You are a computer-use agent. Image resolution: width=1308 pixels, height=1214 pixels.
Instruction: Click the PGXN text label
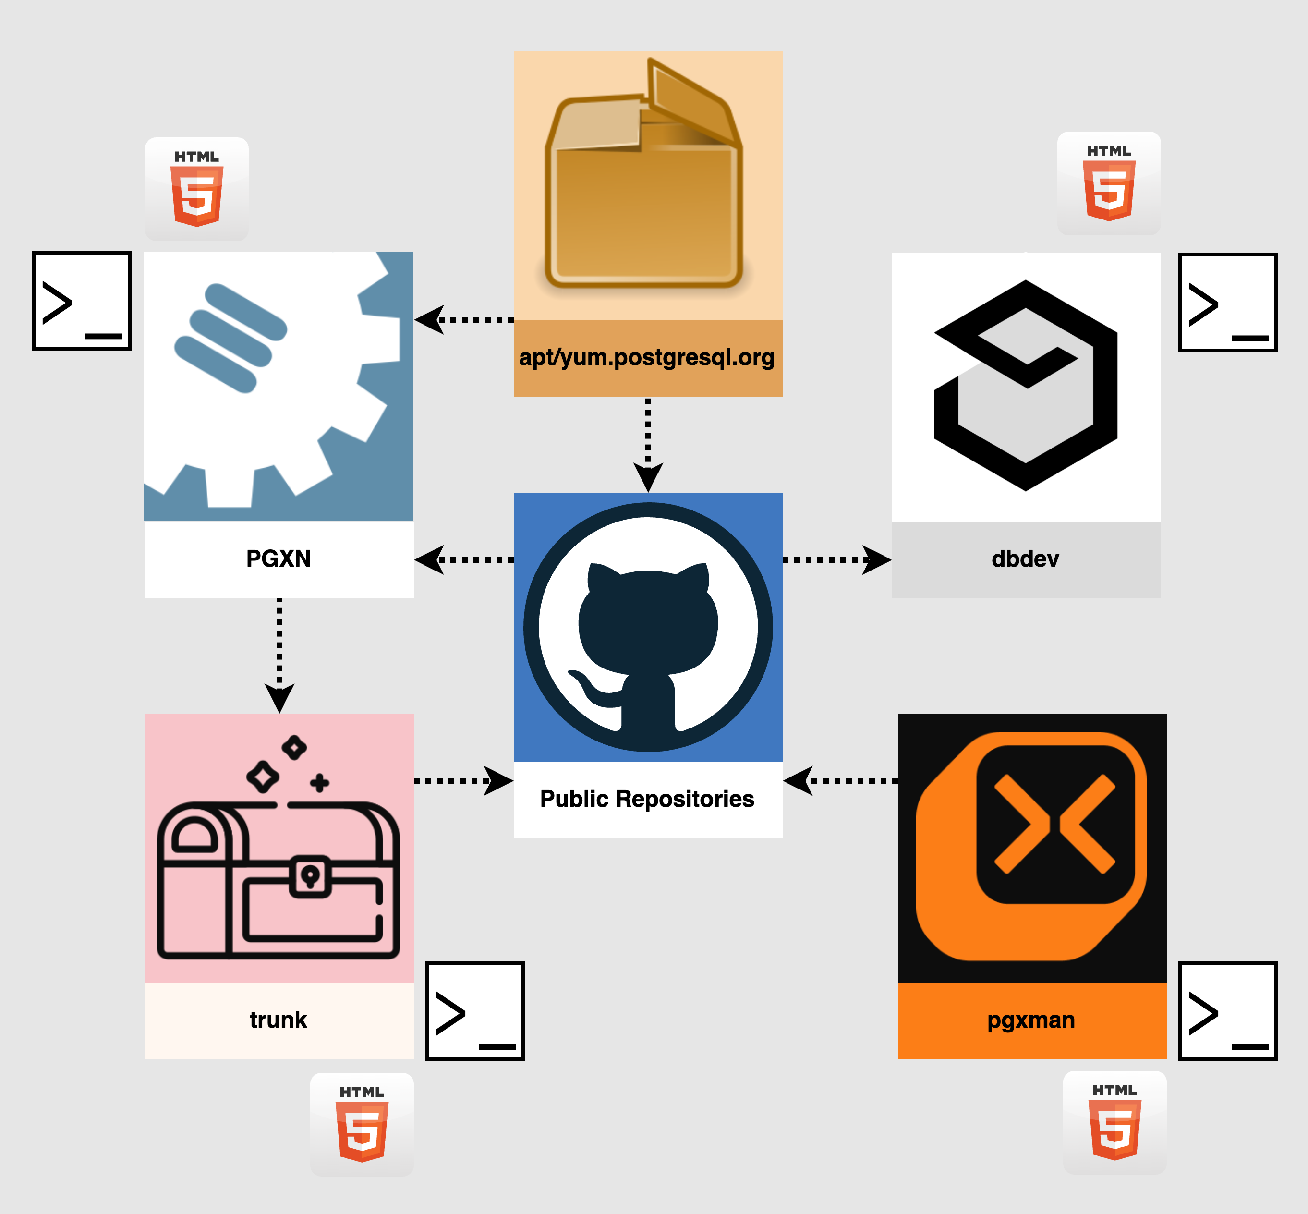pos(279,559)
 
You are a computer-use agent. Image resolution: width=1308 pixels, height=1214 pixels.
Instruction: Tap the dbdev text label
pos(1026,559)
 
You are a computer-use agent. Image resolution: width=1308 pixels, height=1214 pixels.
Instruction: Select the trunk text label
pos(279,1020)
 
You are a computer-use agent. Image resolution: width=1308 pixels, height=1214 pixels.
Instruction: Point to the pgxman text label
pos(1031,1020)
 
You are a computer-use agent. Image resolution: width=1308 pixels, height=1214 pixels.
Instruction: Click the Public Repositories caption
pos(647,799)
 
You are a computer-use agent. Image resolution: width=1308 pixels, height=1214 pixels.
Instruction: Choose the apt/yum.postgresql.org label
pos(647,357)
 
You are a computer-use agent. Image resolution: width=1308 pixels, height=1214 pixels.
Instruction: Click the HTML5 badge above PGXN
pos(196,189)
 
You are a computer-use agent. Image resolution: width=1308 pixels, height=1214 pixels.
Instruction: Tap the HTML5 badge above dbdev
pos(1109,183)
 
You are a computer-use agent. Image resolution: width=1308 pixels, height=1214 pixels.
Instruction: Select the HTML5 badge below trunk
pos(362,1125)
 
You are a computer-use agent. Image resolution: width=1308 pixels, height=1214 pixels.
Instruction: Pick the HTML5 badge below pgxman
pos(1115,1123)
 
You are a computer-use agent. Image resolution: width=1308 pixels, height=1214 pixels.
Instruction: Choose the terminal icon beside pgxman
pos(1228,1011)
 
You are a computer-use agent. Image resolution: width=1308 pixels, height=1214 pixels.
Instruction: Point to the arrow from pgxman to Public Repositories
pos(841,780)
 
